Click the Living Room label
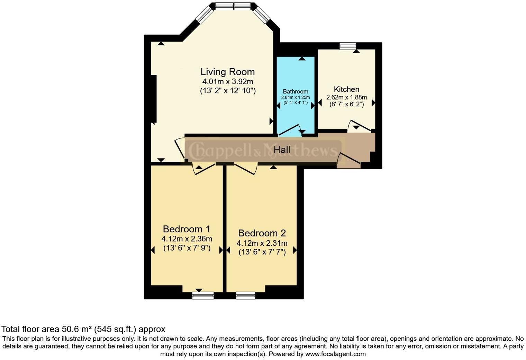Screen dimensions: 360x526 click(227, 72)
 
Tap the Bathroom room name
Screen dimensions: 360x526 click(295, 91)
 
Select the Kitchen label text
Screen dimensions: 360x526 click(346, 89)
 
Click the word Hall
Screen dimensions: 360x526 click(282, 150)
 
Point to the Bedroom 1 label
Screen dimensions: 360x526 click(187, 229)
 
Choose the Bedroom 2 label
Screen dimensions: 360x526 click(262, 233)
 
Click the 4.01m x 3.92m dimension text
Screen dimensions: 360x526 click(228, 82)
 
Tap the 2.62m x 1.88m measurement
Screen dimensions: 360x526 click(346, 97)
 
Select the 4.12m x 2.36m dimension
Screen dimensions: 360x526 click(187, 239)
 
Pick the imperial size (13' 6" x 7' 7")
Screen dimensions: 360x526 click(262, 252)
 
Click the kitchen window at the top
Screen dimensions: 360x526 click(347, 46)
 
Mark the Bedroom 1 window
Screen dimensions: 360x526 click(203, 295)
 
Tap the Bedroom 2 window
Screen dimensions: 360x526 click(246, 295)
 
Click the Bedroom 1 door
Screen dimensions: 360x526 click(204, 169)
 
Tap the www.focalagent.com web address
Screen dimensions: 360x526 click(335, 354)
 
